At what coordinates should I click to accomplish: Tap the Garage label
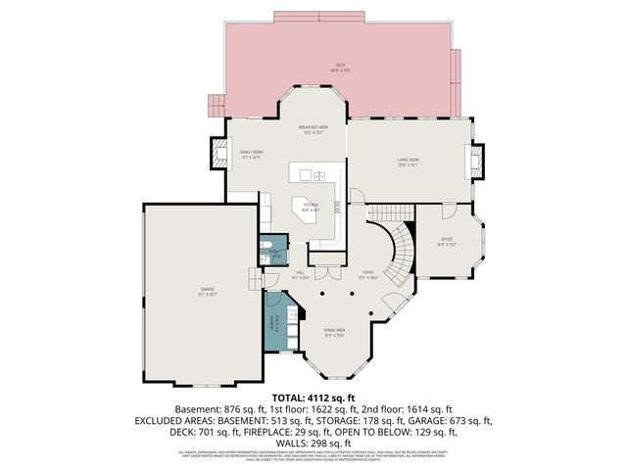click(x=208, y=289)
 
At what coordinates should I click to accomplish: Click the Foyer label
click(x=367, y=275)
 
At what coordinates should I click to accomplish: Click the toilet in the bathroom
click(x=265, y=245)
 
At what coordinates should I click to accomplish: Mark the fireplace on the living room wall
click(x=477, y=162)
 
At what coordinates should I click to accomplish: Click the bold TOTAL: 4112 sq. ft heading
click(x=313, y=398)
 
